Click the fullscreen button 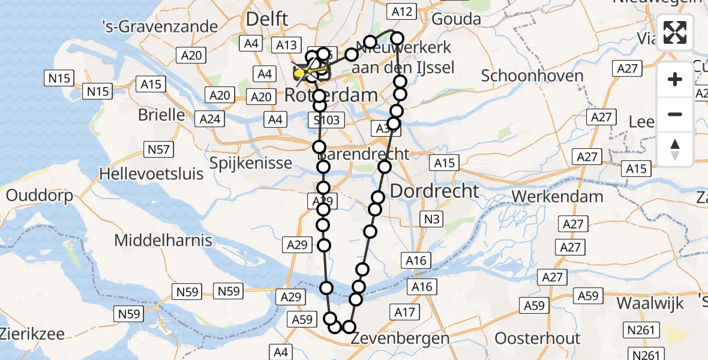tap(675, 32)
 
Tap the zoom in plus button tap(675, 79)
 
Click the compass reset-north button tap(675, 149)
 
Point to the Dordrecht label tap(435, 191)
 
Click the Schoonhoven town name tap(524, 76)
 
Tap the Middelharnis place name tap(163, 241)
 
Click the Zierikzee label tap(33, 333)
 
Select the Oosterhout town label tap(538, 338)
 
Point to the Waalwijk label tap(650, 303)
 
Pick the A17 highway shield tap(404, 311)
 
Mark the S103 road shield tap(328, 120)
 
